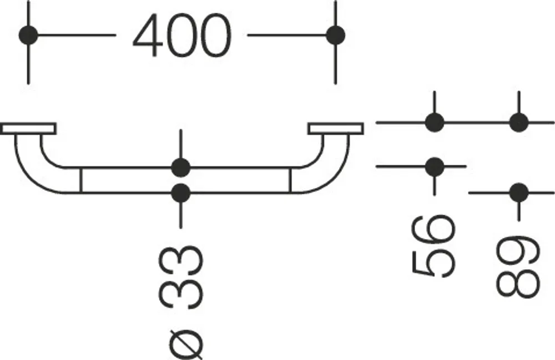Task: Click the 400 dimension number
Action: point(182,36)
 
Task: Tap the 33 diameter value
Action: point(181,278)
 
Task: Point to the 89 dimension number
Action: point(518,266)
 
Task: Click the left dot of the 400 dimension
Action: point(28,36)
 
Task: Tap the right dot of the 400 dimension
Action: point(335,36)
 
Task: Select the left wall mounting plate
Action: point(28,129)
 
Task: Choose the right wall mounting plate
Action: point(336,129)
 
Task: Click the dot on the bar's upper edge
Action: point(181,168)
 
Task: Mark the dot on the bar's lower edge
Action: point(181,192)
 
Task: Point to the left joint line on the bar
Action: point(81,180)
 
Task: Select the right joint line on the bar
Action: point(290,180)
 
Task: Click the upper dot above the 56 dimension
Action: point(435,123)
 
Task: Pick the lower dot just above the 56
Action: point(435,166)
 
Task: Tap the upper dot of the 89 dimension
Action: point(519,123)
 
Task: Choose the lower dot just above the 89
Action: point(519,192)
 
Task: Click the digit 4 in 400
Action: point(148,36)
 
